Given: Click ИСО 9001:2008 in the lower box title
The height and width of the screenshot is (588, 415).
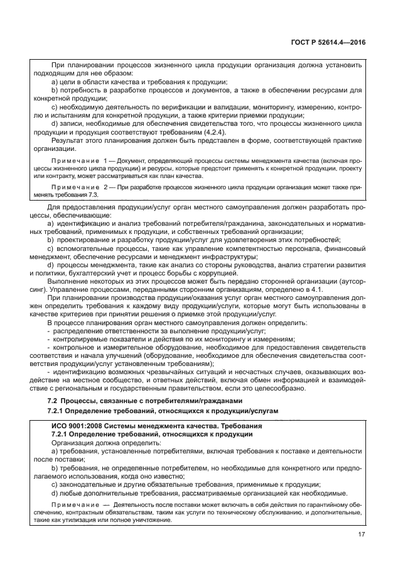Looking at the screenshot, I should pyautogui.click(x=79, y=426).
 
